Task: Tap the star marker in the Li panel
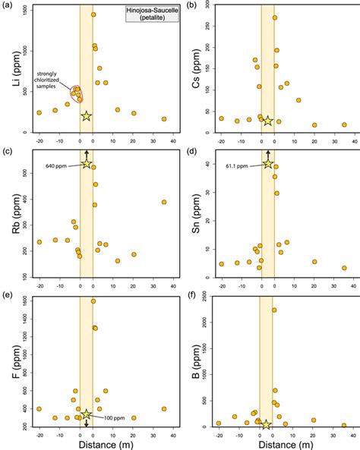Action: coord(87,116)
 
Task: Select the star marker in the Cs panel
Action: coord(267,121)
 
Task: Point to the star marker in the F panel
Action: coord(87,414)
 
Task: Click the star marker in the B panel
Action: coord(266,425)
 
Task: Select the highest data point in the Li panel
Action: coord(93,14)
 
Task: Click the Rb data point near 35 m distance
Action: coord(164,202)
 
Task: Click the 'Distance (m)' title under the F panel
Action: coord(94,445)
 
